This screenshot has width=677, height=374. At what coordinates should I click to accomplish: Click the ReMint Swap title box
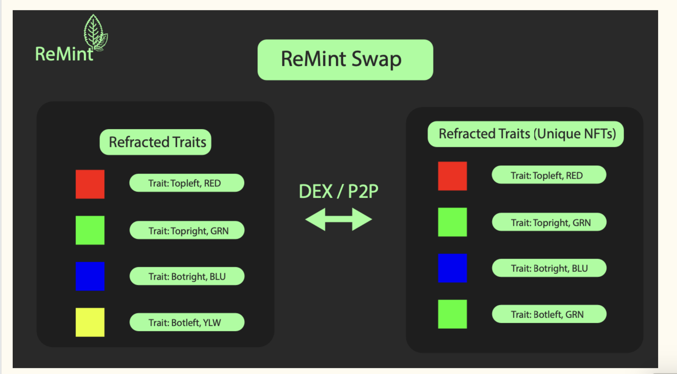tap(345, 60)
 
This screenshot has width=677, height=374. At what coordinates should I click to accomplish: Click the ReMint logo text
tap(64, 54)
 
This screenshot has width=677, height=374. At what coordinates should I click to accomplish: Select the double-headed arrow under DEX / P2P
tap(338, 219)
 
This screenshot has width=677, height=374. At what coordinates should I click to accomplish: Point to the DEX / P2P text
tap(338, 191)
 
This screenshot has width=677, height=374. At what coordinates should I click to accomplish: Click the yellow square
tap(90, 322)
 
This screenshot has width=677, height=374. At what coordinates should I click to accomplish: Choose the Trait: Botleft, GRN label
tap(549, 314)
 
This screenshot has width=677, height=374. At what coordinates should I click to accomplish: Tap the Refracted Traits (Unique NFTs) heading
tap(526, 134)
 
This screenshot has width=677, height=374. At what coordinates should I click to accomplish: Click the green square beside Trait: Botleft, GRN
tap(452, 314)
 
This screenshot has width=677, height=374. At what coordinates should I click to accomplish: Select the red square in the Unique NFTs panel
tap(452, 176)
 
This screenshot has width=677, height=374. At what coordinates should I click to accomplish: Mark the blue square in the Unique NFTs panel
tap(452, 268)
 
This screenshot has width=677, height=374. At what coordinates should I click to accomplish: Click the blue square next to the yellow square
tap(90, 276)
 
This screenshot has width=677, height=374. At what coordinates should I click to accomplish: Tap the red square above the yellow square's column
tap(90, 184)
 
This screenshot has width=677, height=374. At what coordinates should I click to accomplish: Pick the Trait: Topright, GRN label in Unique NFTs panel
tap(549, 222)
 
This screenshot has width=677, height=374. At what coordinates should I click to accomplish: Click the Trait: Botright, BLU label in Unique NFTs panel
tap(549, 268)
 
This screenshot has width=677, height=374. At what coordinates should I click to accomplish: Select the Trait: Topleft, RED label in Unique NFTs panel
tap(549, 175)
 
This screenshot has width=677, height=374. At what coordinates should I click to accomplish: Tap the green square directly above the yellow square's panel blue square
tap(90, 230)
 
